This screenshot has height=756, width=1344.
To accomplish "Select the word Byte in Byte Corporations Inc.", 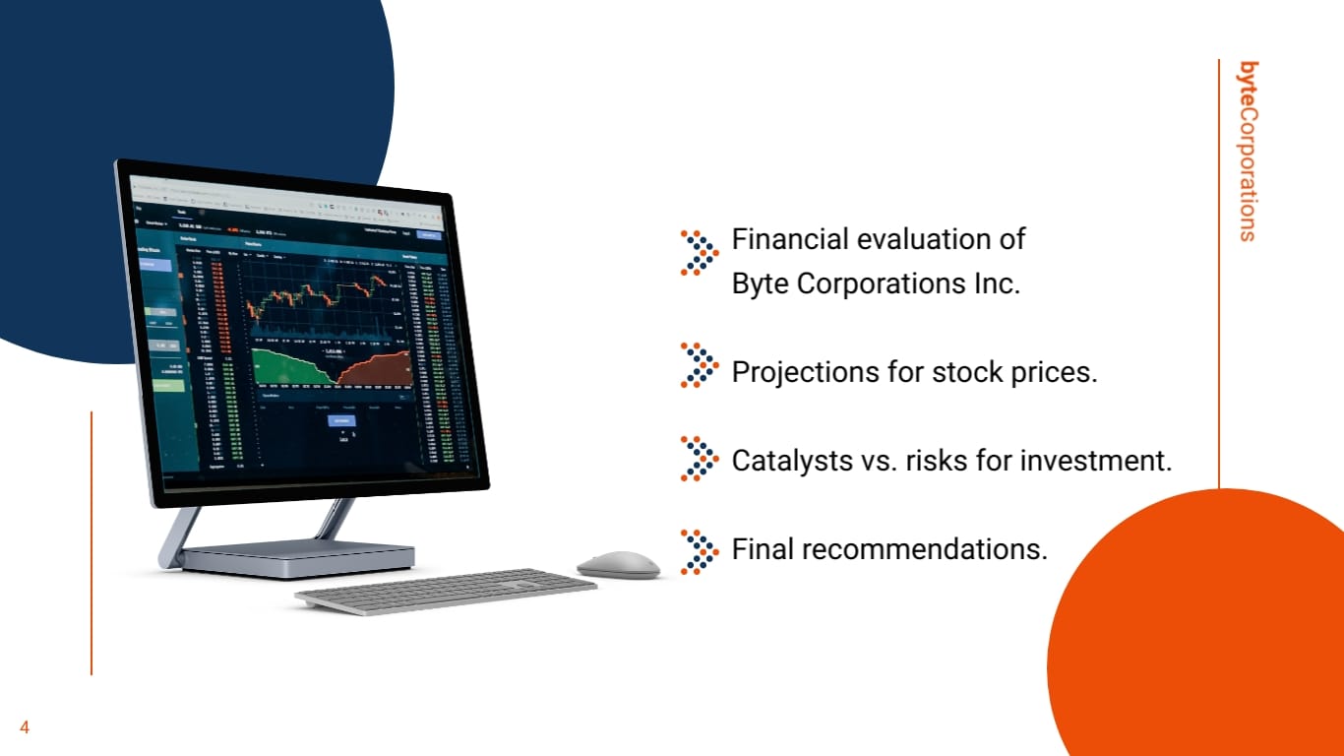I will point(760,284).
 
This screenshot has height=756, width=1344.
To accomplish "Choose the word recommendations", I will point(924,548).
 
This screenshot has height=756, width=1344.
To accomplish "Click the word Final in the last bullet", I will point(763,548).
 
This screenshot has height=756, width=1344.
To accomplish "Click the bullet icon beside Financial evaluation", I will point(699,252).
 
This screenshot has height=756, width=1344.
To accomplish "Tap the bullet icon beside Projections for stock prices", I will point(699,365).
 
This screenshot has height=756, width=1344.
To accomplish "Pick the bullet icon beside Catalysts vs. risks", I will point(699,458).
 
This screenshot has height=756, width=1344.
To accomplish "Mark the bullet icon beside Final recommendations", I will point(699,551).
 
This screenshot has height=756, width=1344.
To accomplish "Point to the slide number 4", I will point(25,728).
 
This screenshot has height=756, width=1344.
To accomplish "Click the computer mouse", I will point(618,564).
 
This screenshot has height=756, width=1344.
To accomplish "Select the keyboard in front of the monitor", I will point(446,591).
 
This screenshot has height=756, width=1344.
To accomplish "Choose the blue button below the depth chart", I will point(341,420).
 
